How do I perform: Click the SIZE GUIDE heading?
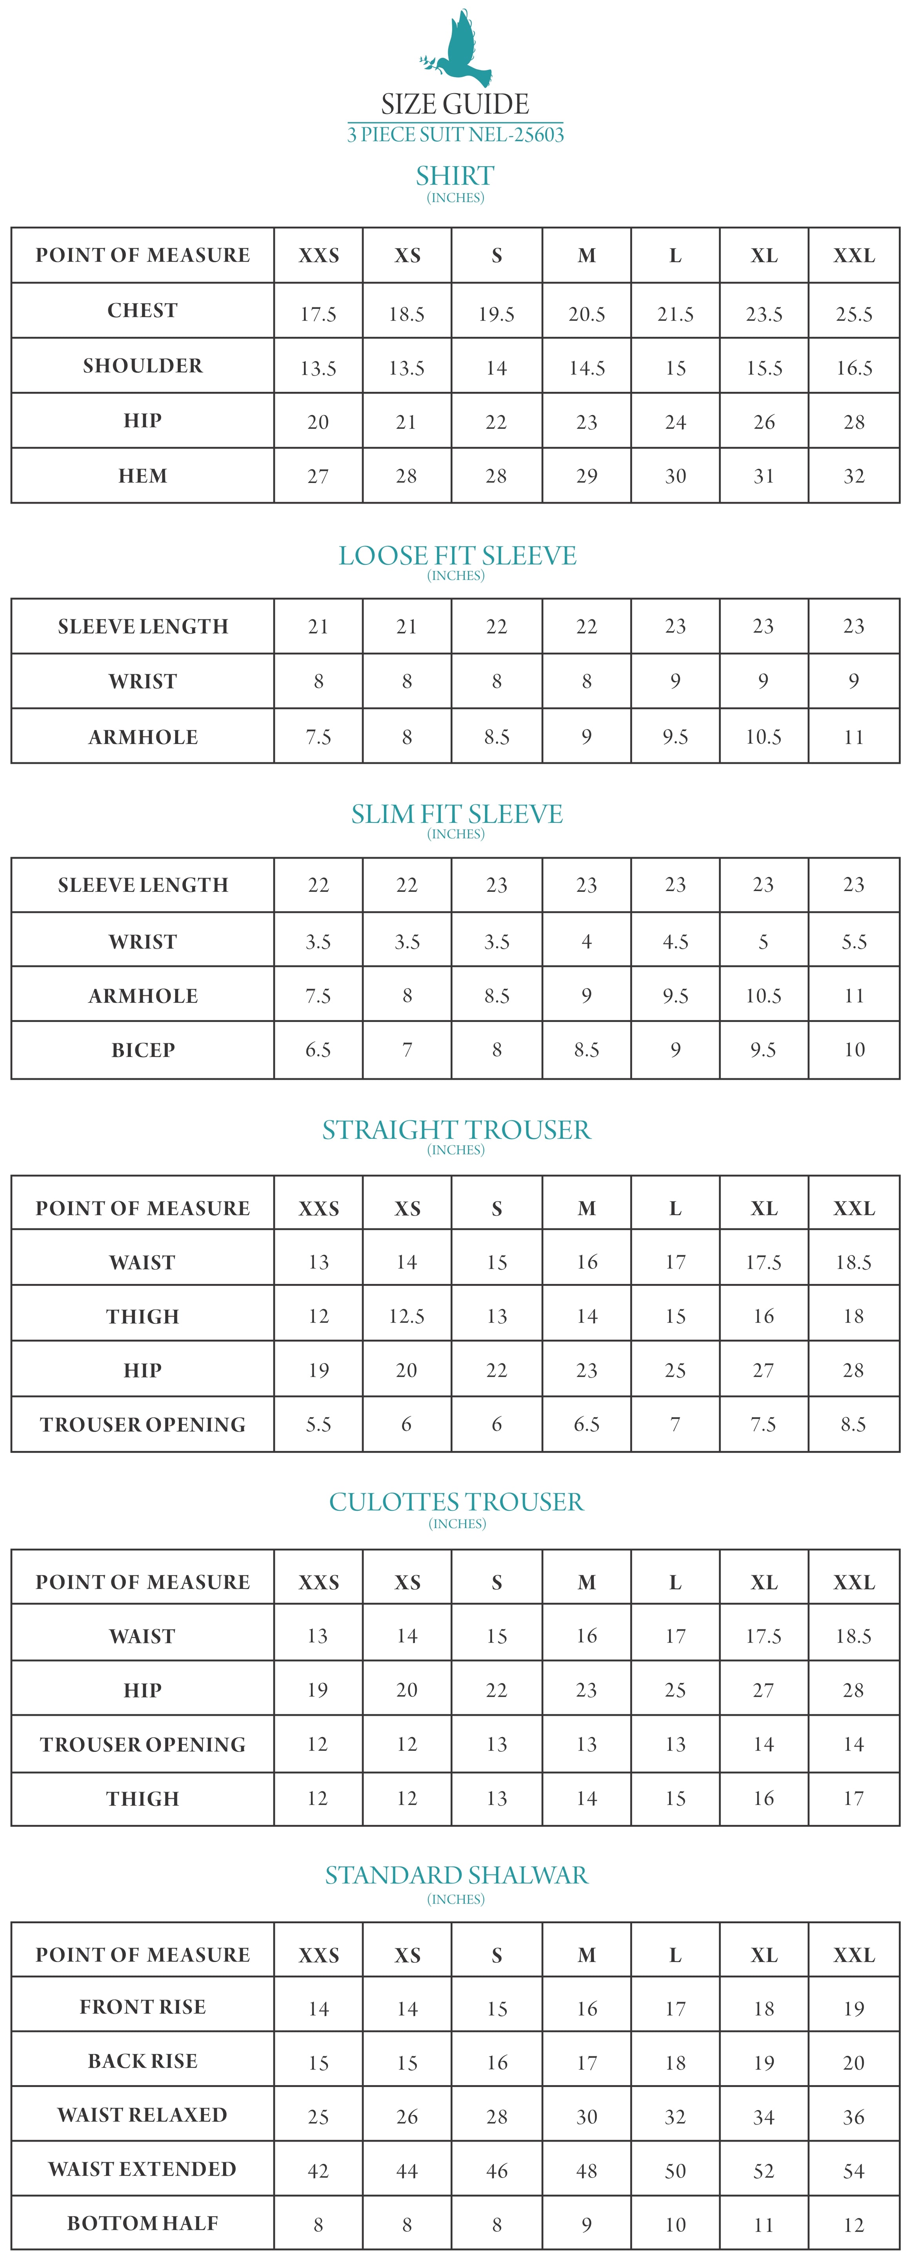click(455, 104)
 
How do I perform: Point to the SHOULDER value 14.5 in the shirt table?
click(587, 368)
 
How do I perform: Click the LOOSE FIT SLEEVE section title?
click(457, 556)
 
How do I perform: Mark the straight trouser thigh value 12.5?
click(407, 1317)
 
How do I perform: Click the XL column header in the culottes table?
click(764, 1582)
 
